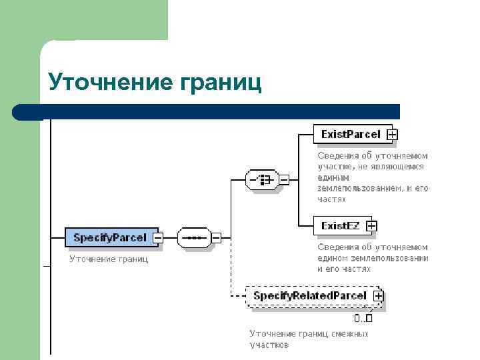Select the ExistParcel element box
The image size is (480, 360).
[351, 134]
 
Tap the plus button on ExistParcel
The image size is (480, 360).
[393, 135]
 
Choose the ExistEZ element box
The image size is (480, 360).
[340, 226]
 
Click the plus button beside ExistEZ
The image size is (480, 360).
[371, 226]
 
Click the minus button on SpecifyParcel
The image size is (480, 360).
[158, 237]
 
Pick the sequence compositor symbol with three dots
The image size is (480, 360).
[193, 237]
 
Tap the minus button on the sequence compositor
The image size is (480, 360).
[216, 237]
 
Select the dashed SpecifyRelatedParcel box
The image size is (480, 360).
[309, 295]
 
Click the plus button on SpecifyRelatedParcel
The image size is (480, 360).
[378, 295]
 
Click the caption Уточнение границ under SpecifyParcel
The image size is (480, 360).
[109, 259]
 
